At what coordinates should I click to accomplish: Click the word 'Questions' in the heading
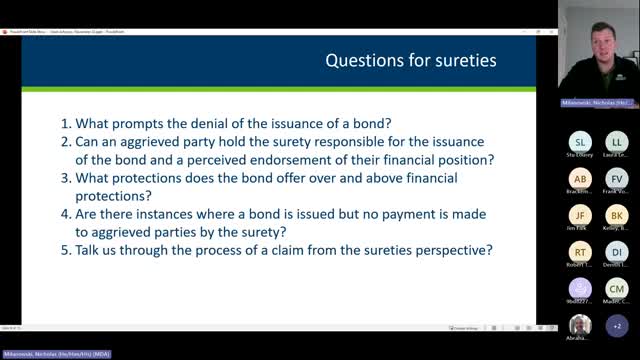(363, 62)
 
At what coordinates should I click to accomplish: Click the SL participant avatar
(581, 142)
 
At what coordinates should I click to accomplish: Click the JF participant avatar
(581, 215)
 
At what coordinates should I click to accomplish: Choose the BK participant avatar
(617, 215)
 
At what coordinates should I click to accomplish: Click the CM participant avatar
(617, 289)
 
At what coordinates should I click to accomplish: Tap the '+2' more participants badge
(617, 326)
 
